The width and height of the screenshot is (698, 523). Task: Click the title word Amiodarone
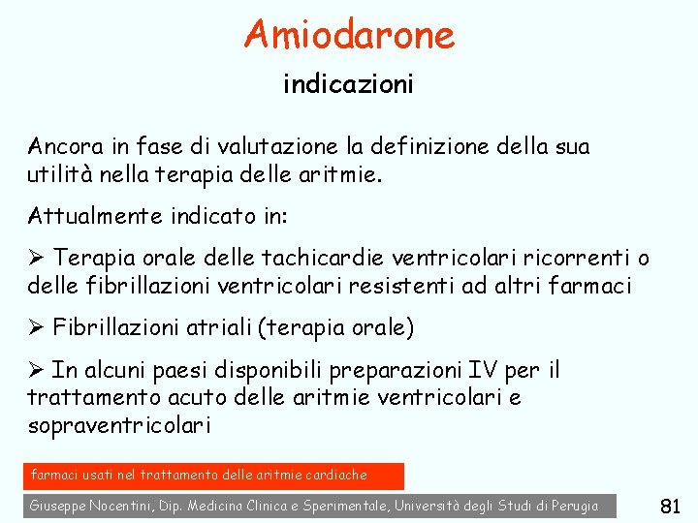(x=349, y=35)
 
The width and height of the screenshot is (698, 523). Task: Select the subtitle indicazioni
(x=348, y=85)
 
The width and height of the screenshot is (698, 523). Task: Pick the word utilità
(x=55, y=175)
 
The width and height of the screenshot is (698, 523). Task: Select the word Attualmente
(x=87, y=215)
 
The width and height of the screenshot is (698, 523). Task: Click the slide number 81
(x=670, y=506)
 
